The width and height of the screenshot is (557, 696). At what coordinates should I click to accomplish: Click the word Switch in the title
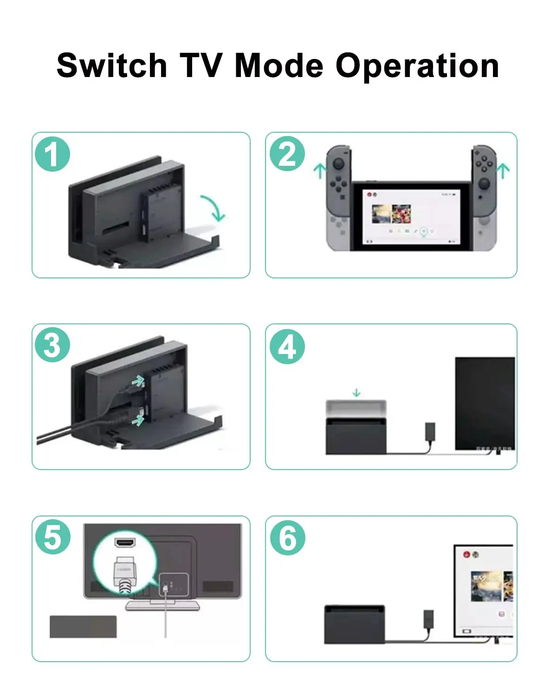pyautogui.click(x=111, y=65)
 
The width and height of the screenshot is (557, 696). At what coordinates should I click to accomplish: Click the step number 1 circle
pyautogui.click(x=52, y=154)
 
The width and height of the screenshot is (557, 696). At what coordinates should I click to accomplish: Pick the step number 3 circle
pyautogui.click(x=52, y=346)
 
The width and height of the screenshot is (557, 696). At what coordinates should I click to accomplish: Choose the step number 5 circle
pyautogui.click(x=53, y=537)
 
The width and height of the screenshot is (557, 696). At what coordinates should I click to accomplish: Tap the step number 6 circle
pyautogui.click(x=288, y=538)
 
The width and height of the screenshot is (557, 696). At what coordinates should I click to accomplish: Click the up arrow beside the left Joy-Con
pyautogui.click(x=319, y=170)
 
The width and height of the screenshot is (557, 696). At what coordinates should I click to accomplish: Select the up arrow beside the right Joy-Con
pyautogui.click(x=503, y=170)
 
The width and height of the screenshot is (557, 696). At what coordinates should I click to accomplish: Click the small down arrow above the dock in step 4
pyautogui.click(x=356, y=393)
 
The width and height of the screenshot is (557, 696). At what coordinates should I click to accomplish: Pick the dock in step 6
pyautogui.click(x=355, y=624)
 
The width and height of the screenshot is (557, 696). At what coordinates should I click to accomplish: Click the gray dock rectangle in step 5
pyautogui.click(x=83, y=626)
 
